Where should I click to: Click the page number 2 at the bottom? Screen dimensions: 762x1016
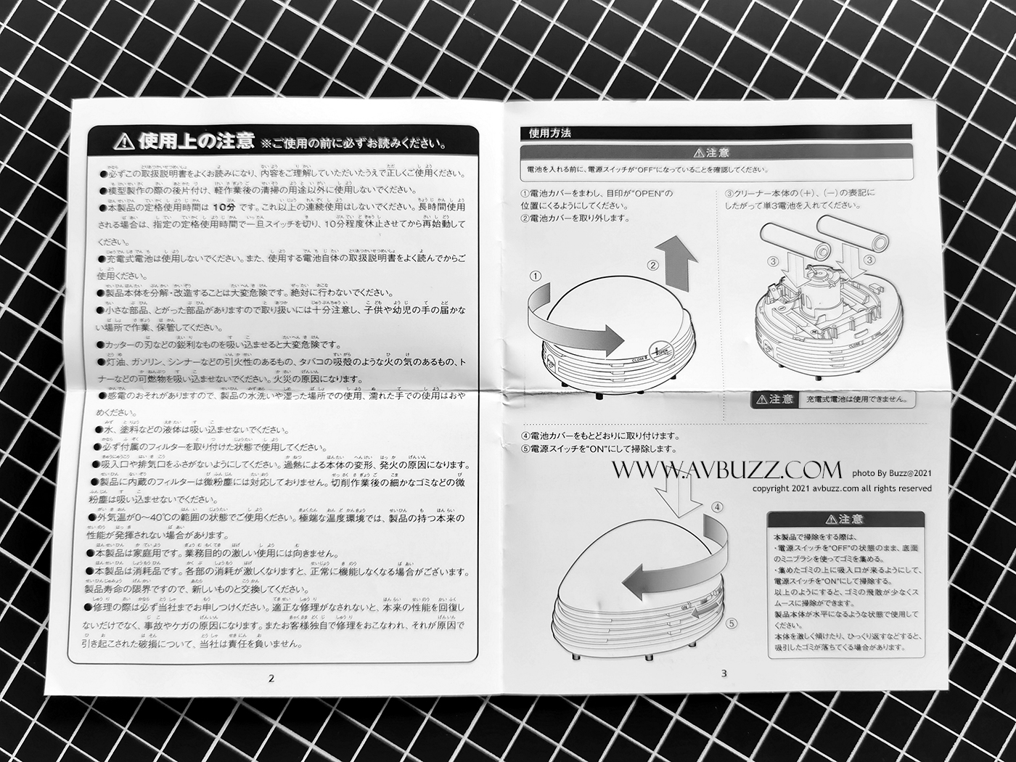click(271, 679)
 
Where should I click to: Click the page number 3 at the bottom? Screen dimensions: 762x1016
click(724, 673)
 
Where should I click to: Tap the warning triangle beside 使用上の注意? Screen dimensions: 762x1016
click(124, 140)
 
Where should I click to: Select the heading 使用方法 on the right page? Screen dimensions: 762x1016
click(549, 134)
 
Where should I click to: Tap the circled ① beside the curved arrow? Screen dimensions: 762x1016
click(536, 276)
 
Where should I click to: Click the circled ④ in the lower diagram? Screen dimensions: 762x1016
click(717, 507)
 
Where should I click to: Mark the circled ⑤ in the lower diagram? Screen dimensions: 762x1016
click(731, 623)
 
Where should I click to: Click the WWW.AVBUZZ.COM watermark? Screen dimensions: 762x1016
click(726, 471)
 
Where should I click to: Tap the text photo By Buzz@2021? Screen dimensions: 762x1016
click(891, 474)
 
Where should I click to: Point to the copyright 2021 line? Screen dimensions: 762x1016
click(842, 488)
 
